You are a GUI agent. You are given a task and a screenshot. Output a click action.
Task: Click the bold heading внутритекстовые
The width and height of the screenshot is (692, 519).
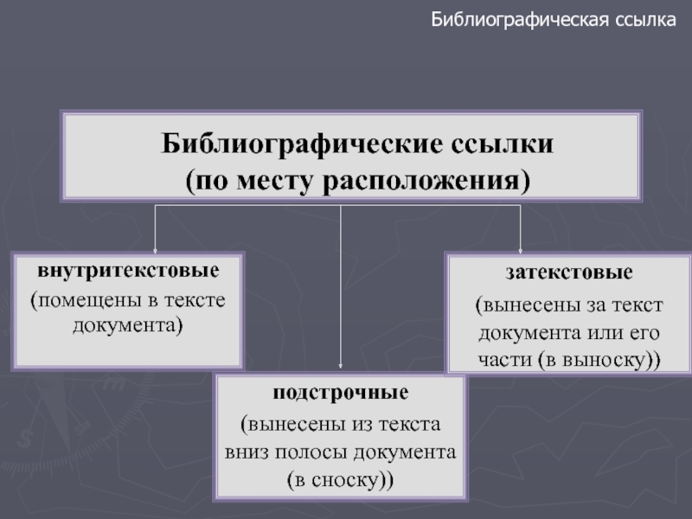(x=127, y=270)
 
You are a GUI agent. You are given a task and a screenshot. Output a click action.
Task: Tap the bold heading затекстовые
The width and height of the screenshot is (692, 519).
(x=569, y=273)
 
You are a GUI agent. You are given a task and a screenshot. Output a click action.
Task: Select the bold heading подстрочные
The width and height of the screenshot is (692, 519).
(x=341, y=394)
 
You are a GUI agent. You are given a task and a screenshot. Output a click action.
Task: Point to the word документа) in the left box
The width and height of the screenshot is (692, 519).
(x=127, y=326)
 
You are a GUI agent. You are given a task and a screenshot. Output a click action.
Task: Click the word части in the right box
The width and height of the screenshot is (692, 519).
(x=503, y=360)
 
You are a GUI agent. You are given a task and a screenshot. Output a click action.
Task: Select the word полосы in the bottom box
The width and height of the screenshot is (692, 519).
(x=320, y=452)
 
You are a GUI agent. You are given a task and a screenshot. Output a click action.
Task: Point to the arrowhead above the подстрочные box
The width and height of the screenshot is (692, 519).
(x=341, y=369)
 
